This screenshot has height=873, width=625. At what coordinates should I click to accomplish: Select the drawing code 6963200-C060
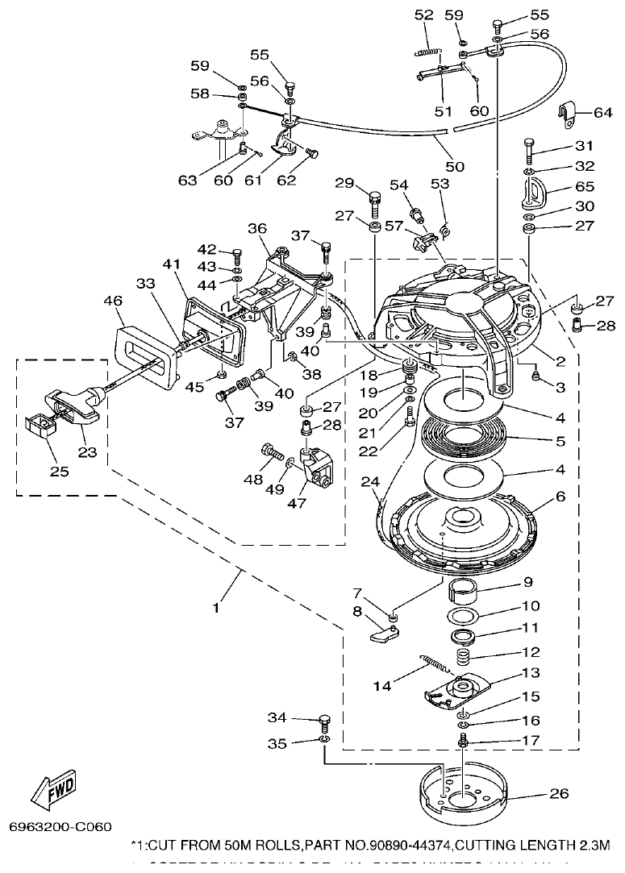tap(60, 826)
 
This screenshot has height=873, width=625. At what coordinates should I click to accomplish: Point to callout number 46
tap(113, 301)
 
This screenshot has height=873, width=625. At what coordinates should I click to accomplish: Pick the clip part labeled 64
tap(569, 118)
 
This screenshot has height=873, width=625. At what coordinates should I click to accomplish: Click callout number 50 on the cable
tap(455, 166)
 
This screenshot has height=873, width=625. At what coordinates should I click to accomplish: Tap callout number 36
tap(257, 228)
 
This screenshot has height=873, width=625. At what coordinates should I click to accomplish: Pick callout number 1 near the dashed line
tap(215, 609)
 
